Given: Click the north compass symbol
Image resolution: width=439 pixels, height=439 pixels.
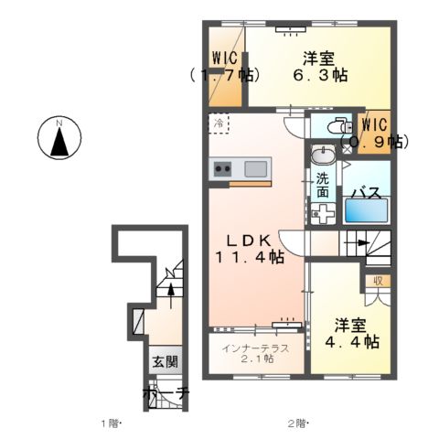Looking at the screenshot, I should pyautogui.click(x=59, y=139).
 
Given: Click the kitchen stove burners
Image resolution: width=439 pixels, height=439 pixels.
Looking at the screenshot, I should pyautogui.click(x=222, y=168).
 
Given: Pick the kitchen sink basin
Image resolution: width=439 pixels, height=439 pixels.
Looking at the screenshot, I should pyautogui.click(x=255, y=168).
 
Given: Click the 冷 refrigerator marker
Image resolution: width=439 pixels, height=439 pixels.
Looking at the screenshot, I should pyautogui.click(x=219, y=122).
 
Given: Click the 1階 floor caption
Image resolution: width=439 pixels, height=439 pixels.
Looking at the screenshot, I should pyautogui.click(x=110, y=423).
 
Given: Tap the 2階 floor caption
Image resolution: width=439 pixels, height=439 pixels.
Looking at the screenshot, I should pyautogui.click(x=297, y=423).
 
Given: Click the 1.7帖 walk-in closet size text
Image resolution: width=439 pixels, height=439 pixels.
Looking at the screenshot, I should pyautogui.click(x=224, y=76).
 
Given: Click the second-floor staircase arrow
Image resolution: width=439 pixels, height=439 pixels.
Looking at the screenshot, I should pyautogui.click(x=362, y=243).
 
